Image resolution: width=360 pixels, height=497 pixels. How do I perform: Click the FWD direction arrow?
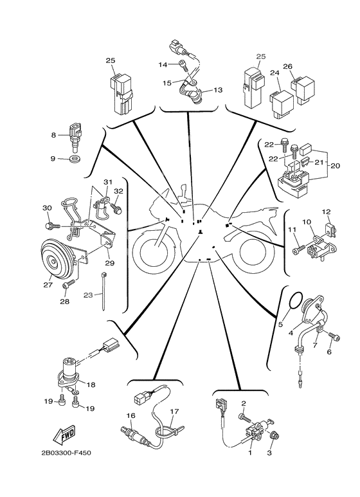63,438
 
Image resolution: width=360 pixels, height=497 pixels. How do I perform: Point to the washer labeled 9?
76,158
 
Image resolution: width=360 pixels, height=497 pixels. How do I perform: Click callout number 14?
163,65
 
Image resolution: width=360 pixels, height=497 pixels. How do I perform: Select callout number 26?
288,66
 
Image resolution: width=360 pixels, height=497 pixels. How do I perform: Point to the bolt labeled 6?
332,335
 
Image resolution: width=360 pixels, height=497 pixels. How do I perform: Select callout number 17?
174,411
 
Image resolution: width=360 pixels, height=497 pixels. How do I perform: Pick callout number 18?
91,384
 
